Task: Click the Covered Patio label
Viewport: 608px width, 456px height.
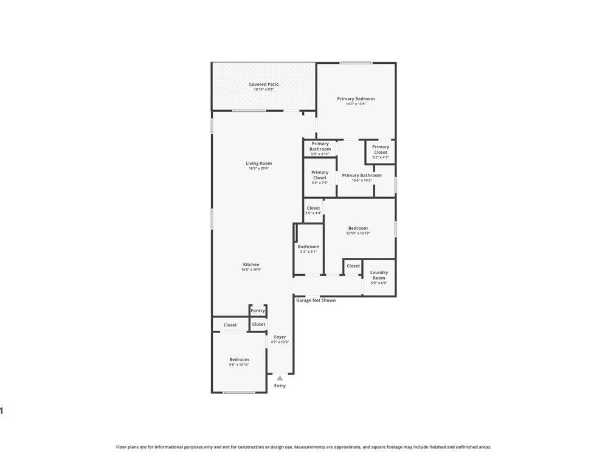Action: click(x=264, y=84)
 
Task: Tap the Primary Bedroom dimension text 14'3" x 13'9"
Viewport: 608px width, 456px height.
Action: click(x=356, y=104)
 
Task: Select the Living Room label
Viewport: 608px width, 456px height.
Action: click(x=258, y=163)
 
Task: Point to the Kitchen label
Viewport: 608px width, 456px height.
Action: click(x=251, y=264)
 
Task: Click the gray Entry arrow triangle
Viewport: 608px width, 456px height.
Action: click(x=280, y=378)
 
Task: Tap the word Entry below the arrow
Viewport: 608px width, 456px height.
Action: click(x=280, y=385)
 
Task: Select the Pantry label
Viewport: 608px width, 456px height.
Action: click(x=258, y=311)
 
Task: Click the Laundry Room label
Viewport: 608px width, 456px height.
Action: click(x=379, y=275)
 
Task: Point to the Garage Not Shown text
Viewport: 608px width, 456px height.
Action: click(x=316, y=300)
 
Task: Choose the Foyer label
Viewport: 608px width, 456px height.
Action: click(x=280, y=337)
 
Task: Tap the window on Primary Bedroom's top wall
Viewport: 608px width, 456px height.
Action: click(x=356, y=63)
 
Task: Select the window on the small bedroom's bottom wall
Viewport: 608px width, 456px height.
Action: click(x=239, y=392)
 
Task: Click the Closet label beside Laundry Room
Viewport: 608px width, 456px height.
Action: click(x=353, y=266)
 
